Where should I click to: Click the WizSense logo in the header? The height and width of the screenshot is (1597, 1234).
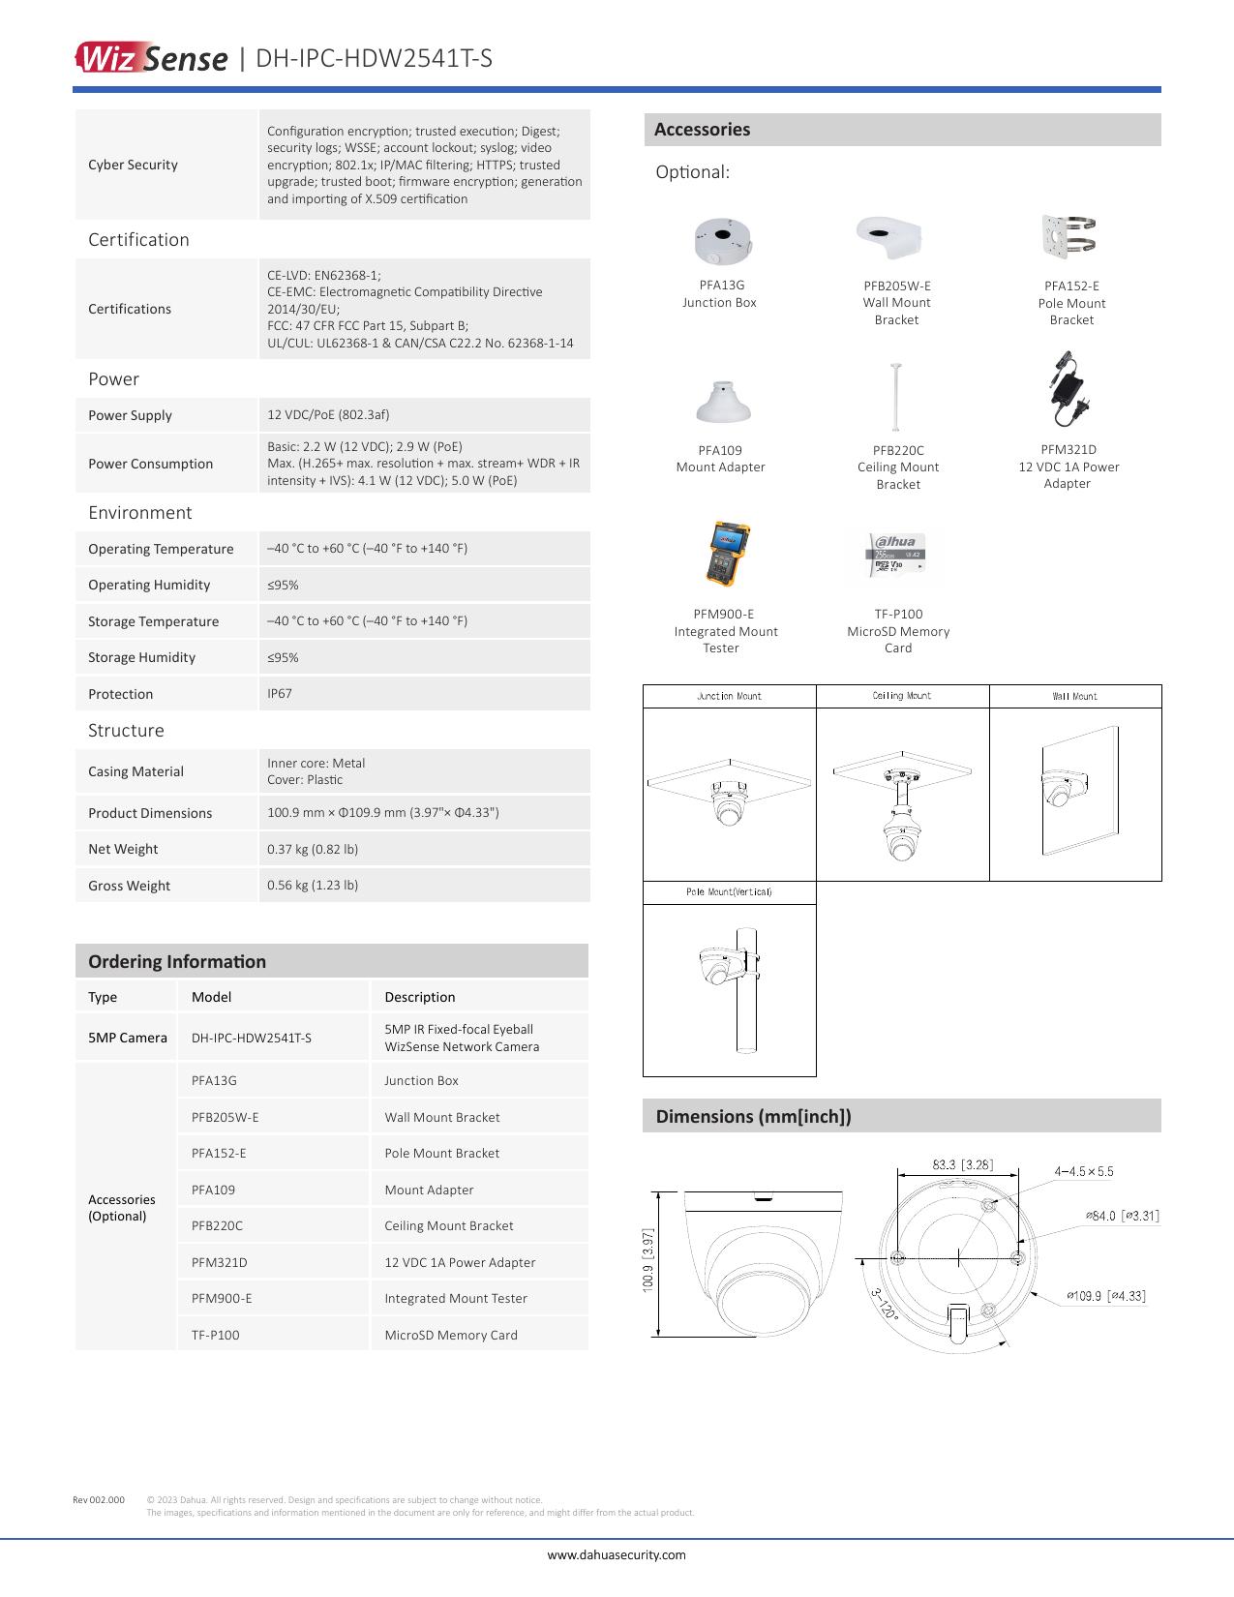click(151, 58)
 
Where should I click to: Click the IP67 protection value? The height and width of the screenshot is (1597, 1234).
click(280, 693)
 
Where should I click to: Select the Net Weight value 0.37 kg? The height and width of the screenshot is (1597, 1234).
click(313, 849)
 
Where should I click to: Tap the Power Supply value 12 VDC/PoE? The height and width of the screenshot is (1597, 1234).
click(328, 414)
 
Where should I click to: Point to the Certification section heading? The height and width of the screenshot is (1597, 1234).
click(138, 240)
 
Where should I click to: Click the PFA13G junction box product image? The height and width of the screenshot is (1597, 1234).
click(723, 239)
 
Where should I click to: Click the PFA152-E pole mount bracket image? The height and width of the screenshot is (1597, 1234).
click(1070, 237)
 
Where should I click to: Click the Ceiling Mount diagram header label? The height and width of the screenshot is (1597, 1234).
click(901, 696)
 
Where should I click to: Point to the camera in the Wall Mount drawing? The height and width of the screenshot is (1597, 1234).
click(1062, 788)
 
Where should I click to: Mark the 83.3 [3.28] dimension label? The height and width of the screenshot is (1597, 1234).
click(962, 1164)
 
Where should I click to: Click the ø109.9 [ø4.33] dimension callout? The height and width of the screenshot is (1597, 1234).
click(1105, 1295)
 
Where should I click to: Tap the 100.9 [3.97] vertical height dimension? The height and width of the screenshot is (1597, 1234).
click(648, 1260)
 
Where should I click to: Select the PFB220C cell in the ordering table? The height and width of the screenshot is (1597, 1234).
click(218, 1225)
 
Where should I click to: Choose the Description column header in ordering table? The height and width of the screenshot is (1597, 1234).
click(419, 997)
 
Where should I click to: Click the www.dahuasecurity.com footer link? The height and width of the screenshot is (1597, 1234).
click(617, 1554)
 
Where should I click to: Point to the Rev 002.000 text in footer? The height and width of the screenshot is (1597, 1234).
click(99, 1499)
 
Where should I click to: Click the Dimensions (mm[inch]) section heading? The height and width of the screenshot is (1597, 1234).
click(753, 1116)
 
